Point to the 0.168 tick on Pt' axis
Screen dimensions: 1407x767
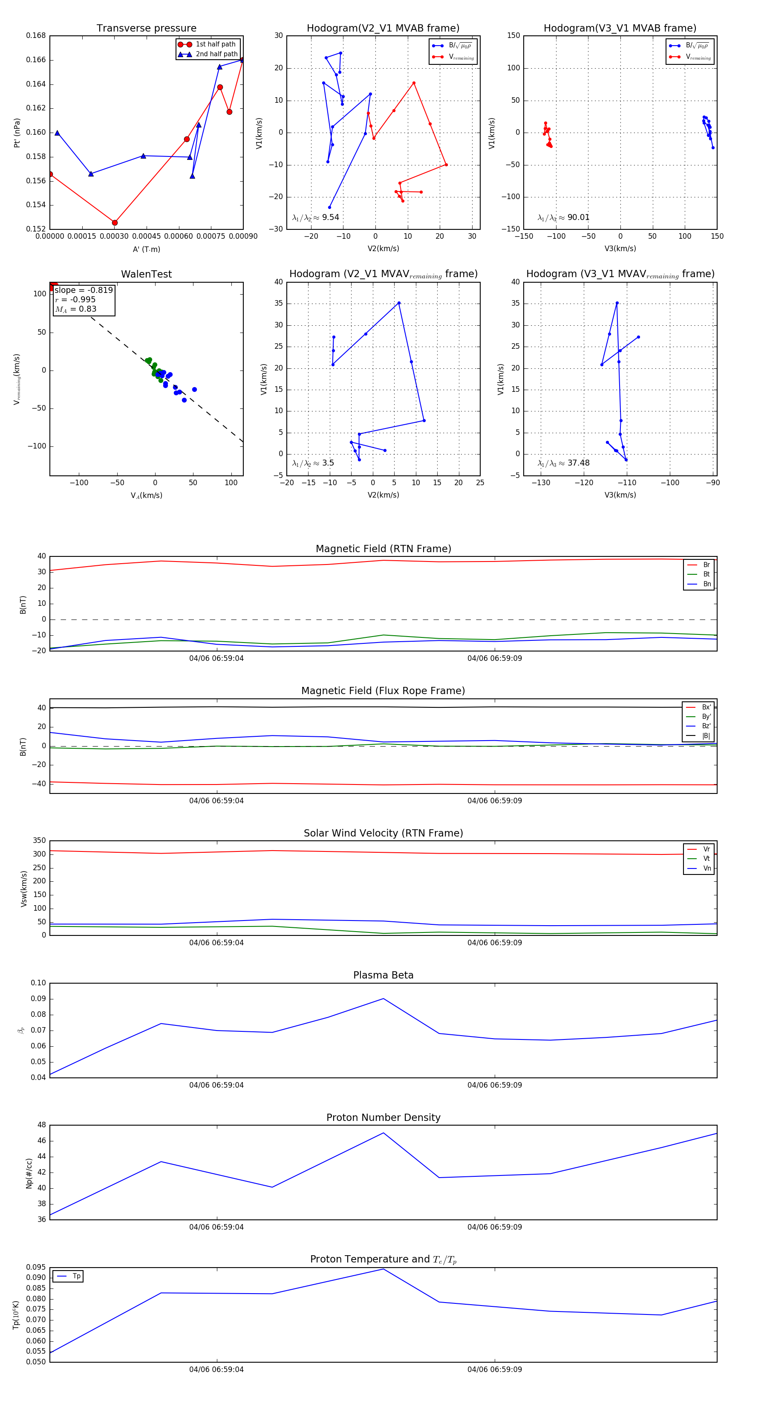tap(36, 36)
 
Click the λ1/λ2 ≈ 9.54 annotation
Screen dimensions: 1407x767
tap(315, 217)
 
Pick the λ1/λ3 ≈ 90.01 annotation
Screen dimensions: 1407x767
tap(563, 217)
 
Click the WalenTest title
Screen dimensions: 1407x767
tap(146, 274)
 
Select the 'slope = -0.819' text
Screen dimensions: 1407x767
tap(84, 290)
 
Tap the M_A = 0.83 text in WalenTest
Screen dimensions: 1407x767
tap(76, 309)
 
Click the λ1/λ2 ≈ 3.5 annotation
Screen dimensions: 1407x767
tap(313, 463)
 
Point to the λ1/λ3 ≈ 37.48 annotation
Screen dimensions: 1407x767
tap(563, 463)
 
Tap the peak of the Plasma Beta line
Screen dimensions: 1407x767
tap(383, 999)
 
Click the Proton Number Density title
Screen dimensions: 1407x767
tap(383, 1117)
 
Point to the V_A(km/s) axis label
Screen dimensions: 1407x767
tap(146, 495)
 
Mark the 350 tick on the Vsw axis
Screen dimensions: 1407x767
tap(39, 841)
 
